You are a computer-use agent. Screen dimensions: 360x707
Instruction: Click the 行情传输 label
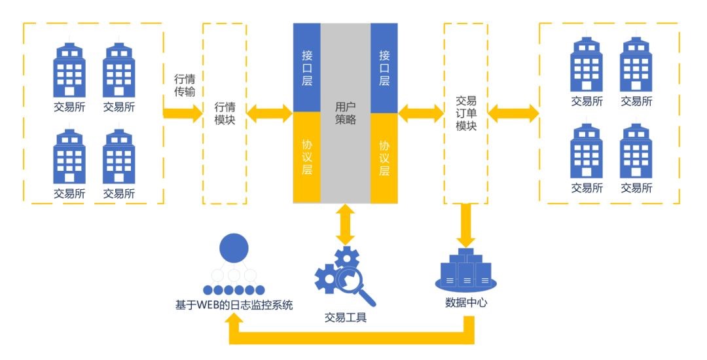(x=185, y=85)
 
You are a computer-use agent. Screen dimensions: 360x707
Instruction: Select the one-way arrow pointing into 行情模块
(x=184, y=113)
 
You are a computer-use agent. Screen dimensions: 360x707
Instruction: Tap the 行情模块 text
(x=225, y=113)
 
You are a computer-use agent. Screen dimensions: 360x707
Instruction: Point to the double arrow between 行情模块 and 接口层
(x=269, y=113)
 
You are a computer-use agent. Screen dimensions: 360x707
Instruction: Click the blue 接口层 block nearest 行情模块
(x=307, y=67)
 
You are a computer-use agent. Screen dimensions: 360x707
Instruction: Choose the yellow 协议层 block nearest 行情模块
(x=307, y=158)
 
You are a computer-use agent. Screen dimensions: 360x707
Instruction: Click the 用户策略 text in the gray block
(x=345, y=113)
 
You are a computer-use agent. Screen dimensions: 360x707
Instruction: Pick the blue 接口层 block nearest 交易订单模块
(x=384, y=67)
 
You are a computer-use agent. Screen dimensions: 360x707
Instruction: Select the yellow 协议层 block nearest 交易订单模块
(x=384, y=158)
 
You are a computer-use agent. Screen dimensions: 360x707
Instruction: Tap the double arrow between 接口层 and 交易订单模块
(x=420, y=113)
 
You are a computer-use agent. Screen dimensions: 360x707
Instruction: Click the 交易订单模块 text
(x=465, y=113)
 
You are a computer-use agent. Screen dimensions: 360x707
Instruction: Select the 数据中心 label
(x=466, y=303)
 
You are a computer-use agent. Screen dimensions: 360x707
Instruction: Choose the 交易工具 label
(x=345, y=317)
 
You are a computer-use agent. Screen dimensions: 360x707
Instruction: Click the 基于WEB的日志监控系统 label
(x=234, y=304)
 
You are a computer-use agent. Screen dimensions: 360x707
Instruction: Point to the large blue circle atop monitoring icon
(x=234, y=249)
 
